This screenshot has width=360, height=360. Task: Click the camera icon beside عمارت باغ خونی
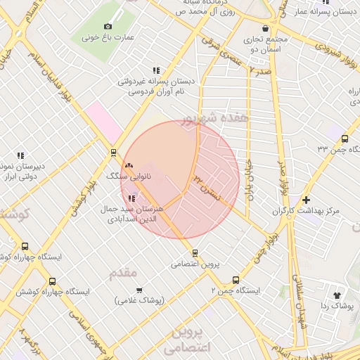pyautogui.click(x=108, y=26)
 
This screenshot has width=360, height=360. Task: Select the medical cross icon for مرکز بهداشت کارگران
pyautogui.click(x=306, y=200)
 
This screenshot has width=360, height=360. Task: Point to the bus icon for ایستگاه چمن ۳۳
pyautogui.click(x=344, y=139)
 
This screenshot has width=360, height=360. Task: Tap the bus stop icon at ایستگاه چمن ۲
pyautogui.click(x=236, y=280)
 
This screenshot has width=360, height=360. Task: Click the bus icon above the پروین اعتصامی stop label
pyautogui.click(x=195, y=253)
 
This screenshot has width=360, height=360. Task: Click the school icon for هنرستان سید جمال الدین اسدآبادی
pyautogui.click(x=132, y=198)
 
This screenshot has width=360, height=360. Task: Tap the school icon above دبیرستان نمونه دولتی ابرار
pyautogui.click(x=20, y=155)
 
